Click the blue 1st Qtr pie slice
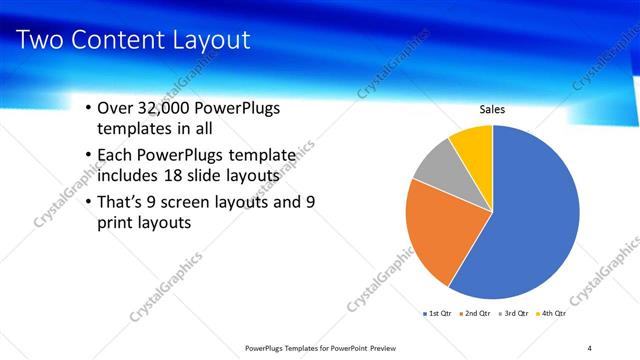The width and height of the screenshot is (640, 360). click(530, 220)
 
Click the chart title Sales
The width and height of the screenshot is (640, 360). click(492, 109)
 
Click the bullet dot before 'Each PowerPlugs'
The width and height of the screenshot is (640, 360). click(88, 155)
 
